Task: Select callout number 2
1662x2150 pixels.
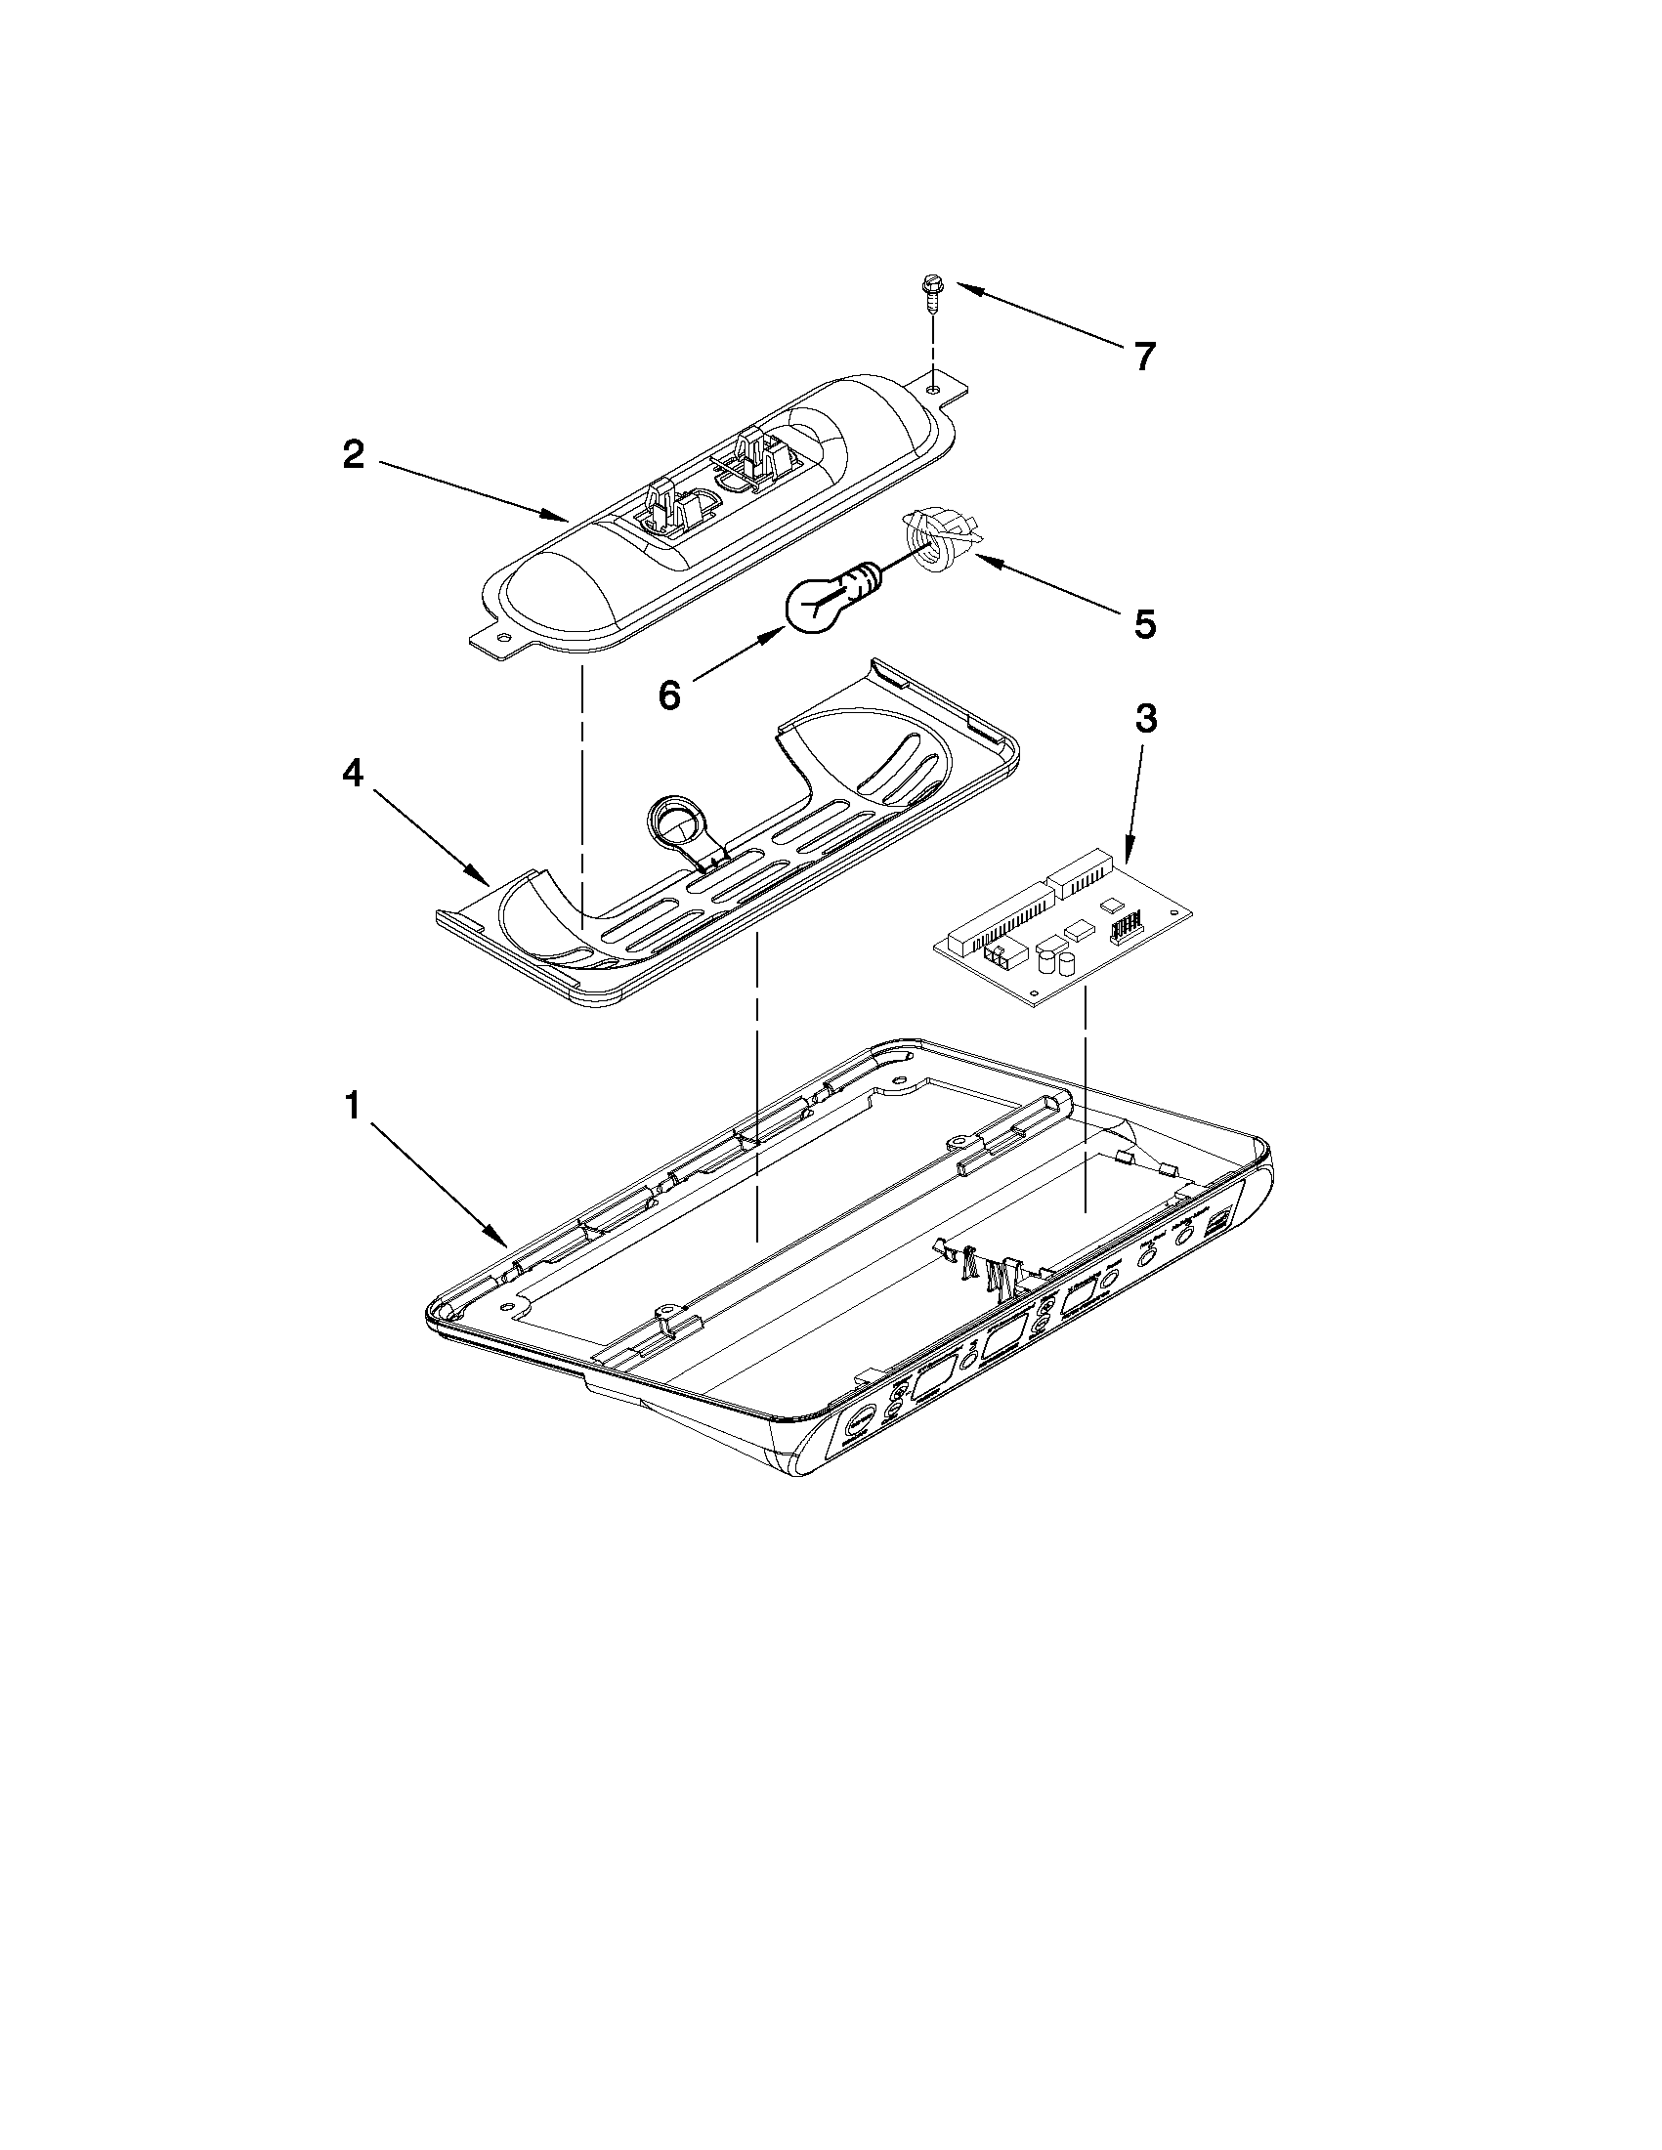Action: [x=354, y=455]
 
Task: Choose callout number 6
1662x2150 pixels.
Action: [x=668, y=695]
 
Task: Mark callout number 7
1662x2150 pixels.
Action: [x=1143, y=357]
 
